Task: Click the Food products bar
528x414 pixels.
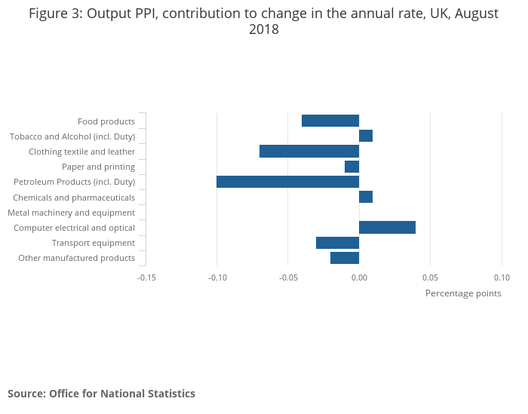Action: pos(330,121)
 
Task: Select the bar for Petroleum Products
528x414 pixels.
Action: pos(287,182)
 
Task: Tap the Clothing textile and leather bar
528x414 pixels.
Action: pos(309,152)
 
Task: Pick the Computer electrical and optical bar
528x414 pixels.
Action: pos(387,228)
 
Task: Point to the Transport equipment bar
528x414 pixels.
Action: pos(337,243)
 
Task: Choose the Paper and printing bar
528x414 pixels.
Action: pos(351,167)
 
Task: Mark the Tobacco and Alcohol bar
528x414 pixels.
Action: pos(366,136)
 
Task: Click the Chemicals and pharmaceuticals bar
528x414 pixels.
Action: pos(366,197)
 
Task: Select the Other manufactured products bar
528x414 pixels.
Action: pos(345,258)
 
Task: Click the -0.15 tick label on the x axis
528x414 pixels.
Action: pos(146,278)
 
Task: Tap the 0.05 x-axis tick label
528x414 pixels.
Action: pos(430,278)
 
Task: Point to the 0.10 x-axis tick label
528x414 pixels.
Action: pos(502,278)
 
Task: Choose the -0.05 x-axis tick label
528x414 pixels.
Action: pos(287,278)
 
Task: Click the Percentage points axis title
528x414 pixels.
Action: pos(463,293)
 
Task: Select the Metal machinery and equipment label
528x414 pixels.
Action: pos(72,213)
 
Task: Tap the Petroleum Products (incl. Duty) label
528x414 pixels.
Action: pos(75,182)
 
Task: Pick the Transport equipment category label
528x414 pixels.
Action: pos(94,243)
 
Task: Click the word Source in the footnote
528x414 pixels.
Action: pos(26,394)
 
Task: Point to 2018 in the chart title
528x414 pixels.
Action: pos(264,29)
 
